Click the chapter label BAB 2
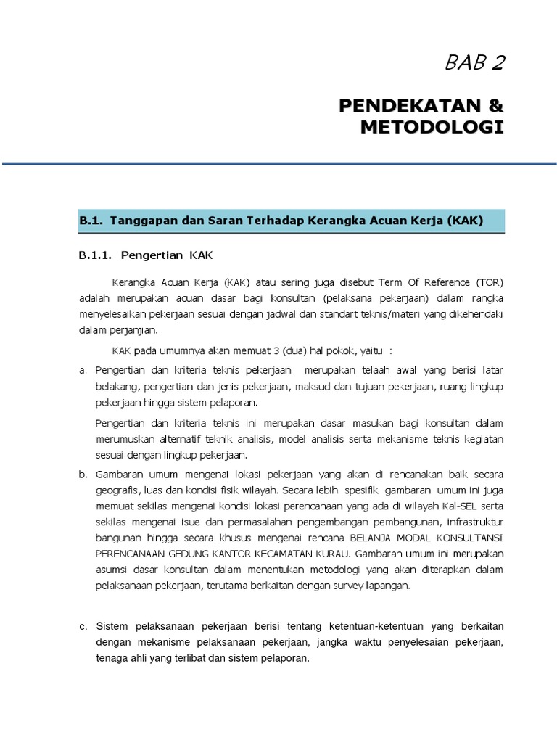(x=475, y=64)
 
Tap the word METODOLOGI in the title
(x=432, y=128)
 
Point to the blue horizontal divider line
(x=278, y=164)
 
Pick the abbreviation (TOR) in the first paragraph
(x=490, y=282)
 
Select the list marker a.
(x=83, y=371)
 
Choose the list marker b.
(x=83, y=475)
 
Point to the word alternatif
(x=176, y=439)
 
